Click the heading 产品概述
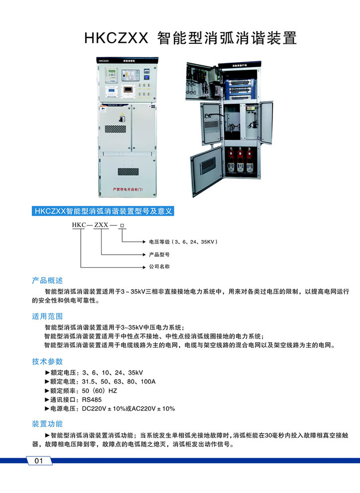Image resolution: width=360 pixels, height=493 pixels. [x=47, y=280]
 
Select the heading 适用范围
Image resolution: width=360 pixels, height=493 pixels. [x=47, y=316]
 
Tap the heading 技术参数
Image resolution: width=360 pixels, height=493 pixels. [x=47, y=361]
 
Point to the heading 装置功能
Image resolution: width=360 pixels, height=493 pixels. [x=47, y=424]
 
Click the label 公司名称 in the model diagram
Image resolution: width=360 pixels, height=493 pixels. [x=160, y=267]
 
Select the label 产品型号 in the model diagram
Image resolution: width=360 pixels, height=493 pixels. [x=160, y=254]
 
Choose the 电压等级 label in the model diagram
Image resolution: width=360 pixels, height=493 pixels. [x=159, y=242]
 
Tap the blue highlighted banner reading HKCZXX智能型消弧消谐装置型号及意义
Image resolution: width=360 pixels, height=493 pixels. [x=103, y=211]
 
